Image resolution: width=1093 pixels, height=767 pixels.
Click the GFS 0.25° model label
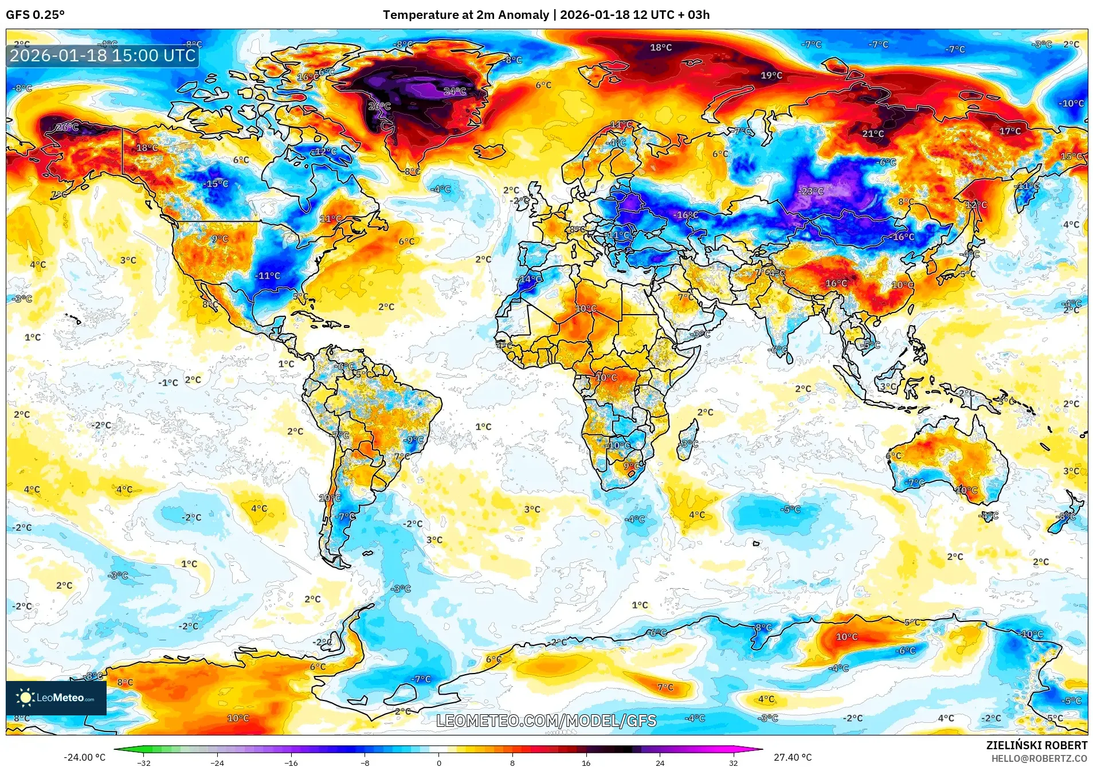[x=35, y=15]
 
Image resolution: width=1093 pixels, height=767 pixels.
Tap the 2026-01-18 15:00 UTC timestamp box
[x=103, y=56]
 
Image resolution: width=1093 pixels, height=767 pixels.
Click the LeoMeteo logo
[x=56, y=698]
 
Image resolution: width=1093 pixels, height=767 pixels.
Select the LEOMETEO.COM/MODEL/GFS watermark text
[x=546, y=721]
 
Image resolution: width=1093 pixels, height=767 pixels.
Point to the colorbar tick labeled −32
[x=144, y=763]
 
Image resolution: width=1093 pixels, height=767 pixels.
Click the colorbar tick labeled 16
[x=586, y=763]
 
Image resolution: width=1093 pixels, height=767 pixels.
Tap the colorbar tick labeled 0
[x=438, y=763]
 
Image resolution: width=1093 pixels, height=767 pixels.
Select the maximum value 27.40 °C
[x=793, y=757]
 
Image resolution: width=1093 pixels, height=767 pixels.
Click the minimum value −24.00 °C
[x=84, y=757]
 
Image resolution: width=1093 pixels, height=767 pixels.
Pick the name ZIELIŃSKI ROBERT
[x=1036, y=745]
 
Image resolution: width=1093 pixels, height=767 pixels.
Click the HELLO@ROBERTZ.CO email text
[x=1039, y=758]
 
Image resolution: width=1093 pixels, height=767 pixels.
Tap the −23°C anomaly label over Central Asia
[x=811, y=191]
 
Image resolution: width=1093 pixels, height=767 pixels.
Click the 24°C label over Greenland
[x=455, y=91]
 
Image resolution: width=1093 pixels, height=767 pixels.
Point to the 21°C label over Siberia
[x=872, y=134]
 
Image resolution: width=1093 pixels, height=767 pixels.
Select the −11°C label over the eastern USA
[x=267, y=276]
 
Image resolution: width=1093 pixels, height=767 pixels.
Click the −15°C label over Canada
[x=216, y=183]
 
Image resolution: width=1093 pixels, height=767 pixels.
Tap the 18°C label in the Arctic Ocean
[x=660, y=48]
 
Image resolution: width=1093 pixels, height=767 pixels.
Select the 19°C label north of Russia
[x=771, y=75]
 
